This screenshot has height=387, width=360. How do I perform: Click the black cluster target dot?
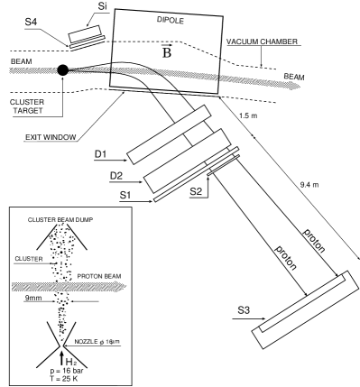[63, 70]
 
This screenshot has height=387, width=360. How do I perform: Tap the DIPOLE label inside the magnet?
[171, 20]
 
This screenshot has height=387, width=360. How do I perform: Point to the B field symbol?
[167, 51]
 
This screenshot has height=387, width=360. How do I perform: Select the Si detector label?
[103, 6]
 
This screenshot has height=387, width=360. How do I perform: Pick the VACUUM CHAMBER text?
[262, 41]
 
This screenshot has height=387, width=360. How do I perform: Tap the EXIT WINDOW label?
[51, 138]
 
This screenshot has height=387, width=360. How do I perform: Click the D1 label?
[101, 154]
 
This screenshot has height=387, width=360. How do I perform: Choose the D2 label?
[116, 176]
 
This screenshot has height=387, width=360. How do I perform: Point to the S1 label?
[126, 195]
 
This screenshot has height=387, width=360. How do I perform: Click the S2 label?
[196, 191]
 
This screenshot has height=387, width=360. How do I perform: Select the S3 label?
[244, 310]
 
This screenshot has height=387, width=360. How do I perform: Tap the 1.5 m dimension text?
[248, 115]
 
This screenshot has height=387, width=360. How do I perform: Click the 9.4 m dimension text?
[309, 185]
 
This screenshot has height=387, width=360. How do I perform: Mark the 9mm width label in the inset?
[33, 299]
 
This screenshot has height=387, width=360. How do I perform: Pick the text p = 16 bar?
[67, 371]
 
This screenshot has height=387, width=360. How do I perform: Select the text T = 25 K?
[65, 379]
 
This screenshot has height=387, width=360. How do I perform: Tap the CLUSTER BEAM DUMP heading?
[60, 220]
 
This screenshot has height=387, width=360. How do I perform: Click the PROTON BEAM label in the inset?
[99, 276]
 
